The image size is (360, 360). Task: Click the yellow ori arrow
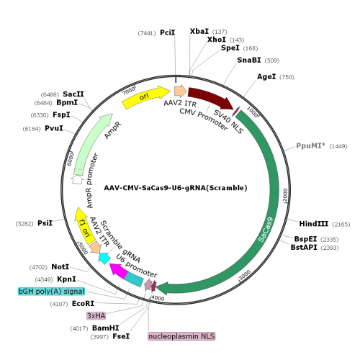(146, 97)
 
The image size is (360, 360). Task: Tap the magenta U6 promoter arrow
(118, 270)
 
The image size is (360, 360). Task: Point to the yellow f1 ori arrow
(84, 225)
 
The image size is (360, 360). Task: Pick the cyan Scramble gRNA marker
(104, 258)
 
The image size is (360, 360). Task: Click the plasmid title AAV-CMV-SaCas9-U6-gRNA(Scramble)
(176, 188)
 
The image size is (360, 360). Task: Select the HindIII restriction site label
(313, 224)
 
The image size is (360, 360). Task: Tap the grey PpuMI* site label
(311, 145)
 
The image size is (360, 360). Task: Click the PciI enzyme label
(168, 32)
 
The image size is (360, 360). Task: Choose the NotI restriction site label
(60, 267)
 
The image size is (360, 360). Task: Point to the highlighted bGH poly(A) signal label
(51, 292)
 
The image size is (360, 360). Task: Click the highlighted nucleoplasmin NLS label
(181, 336)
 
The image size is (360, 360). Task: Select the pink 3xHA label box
(96, 315)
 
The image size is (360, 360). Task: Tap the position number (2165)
(341, 225)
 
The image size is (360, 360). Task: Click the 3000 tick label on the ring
(246, 274)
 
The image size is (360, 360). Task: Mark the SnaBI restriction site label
(249, 60)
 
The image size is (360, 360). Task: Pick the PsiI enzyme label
(45, 223)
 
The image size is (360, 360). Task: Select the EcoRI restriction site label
(83, 304)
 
